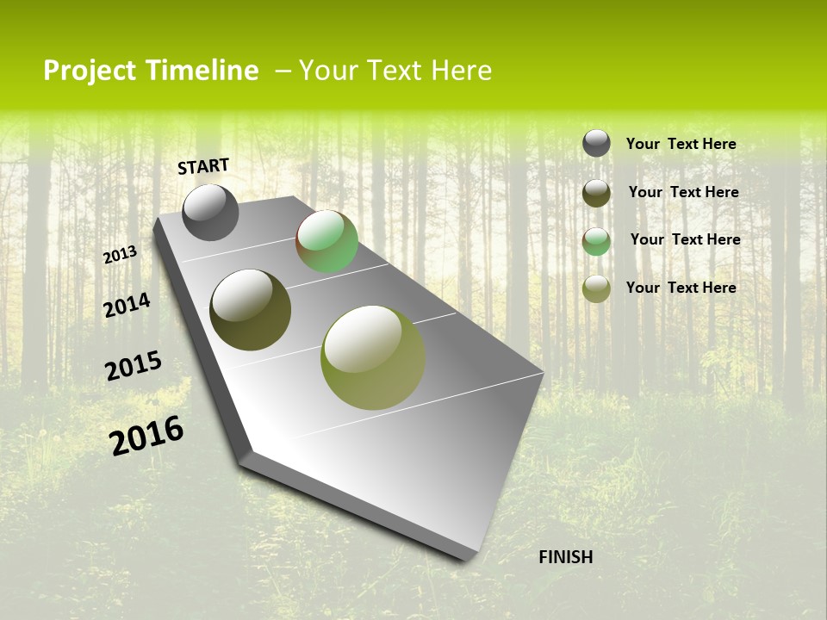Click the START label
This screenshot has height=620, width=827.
pyautogui.click(x=203, y=166)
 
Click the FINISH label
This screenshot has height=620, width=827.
pyautogui.click(x=565, y=557)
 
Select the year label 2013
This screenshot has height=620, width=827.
pyautogui.click(x=120, y=255)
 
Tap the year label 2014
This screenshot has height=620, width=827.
pyautogui.click(x=127, y=305)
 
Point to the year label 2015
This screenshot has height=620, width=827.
pyautogui.click(x=133, y=366)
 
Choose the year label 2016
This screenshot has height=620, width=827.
pyautogui.click(x=146, y=436)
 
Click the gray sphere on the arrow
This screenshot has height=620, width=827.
pyautogui.click(x=210, y=213)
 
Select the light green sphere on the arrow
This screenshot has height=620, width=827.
pyautogui.click(x=326, y=241)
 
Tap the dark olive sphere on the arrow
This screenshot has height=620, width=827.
pyautogui.click(x=250, y=310)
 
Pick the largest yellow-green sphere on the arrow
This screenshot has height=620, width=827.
pyautogui.click(x=372, y=357)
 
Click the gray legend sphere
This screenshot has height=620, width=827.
pyautogui.click(x=596, y=143)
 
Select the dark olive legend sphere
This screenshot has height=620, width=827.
pyautogui.click(x=596, y=192)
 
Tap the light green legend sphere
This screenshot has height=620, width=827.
pyautogui.click(x=596, y=240)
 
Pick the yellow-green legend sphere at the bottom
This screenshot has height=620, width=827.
pyautogui.click(x=596, y=288)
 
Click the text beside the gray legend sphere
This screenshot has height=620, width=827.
pyautogui.click(x=681, y=144)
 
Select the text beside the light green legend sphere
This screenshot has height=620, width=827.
pyautogui.click(x=685, y=239)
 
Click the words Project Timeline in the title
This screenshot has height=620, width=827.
pyautogui.click(x=151, y=71)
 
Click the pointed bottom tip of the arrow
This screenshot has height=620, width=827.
pyautogui.click(x=469, y=555)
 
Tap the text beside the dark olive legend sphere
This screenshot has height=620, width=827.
pyautogui.click(x=683, y=192)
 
